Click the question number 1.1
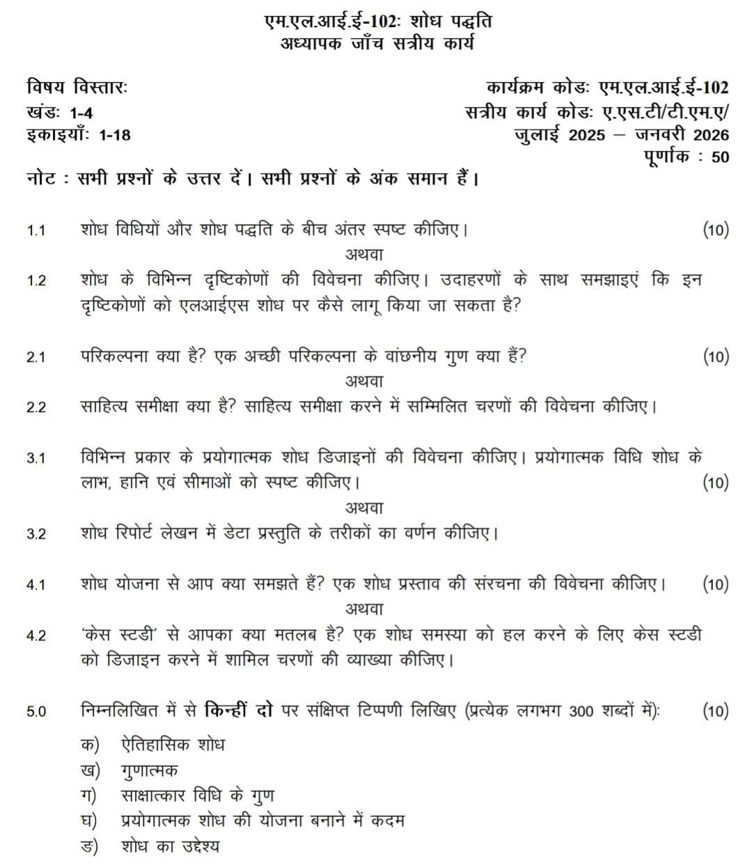[x=36, y=230]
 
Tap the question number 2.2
[x=36, y=407]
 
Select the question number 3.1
[x=36, y=458]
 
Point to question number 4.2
[x=36, y=635]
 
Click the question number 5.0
[x=36, y=711]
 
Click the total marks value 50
[x=720, y=157]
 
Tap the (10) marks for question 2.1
[x=716, y=357]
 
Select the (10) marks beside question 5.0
[x=716, y=711]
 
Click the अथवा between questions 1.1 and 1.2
[x=364, y=255]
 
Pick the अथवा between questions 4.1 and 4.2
[x=364, y=609]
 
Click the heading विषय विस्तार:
[x=77, y=88]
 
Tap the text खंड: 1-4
[x=60, y=112]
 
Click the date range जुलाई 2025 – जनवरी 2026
[x=622, y=134]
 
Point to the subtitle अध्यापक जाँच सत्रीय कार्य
[x=377, y=43]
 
